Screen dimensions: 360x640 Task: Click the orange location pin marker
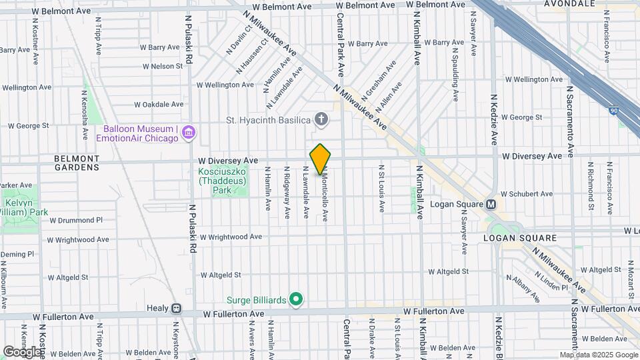coord(320,159)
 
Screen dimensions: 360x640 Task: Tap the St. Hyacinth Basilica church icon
coord(321,120)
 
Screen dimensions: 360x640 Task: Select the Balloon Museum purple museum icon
coord(189,133)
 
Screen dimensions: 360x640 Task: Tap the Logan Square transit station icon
coord(491,204)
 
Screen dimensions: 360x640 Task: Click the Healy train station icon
coord(176,309)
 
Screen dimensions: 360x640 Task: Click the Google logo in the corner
coord(21,351)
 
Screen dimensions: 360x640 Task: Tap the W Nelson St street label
coord(163,66)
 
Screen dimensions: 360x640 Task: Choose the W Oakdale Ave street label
coord(159,104)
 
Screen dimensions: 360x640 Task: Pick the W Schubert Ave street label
coord(526,194)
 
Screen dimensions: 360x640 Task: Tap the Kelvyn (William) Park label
coord(24,208)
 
